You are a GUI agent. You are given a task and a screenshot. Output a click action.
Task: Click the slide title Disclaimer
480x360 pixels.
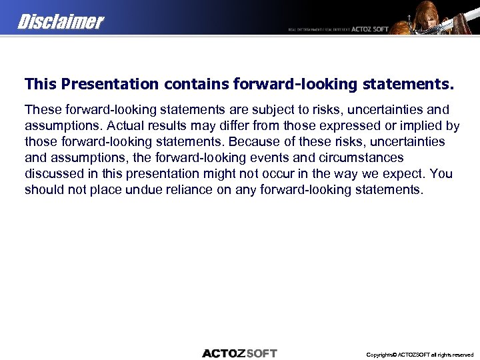[x=61, y=22]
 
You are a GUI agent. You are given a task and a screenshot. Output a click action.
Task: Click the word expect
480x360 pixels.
[x=403, y=173]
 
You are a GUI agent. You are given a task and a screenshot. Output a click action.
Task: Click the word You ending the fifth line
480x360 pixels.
[x=441, y=173]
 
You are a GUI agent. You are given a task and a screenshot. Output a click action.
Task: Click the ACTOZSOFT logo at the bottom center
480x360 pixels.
[x=239, y=353]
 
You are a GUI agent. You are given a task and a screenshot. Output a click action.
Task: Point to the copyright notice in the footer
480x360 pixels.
[x=419, y=355]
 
